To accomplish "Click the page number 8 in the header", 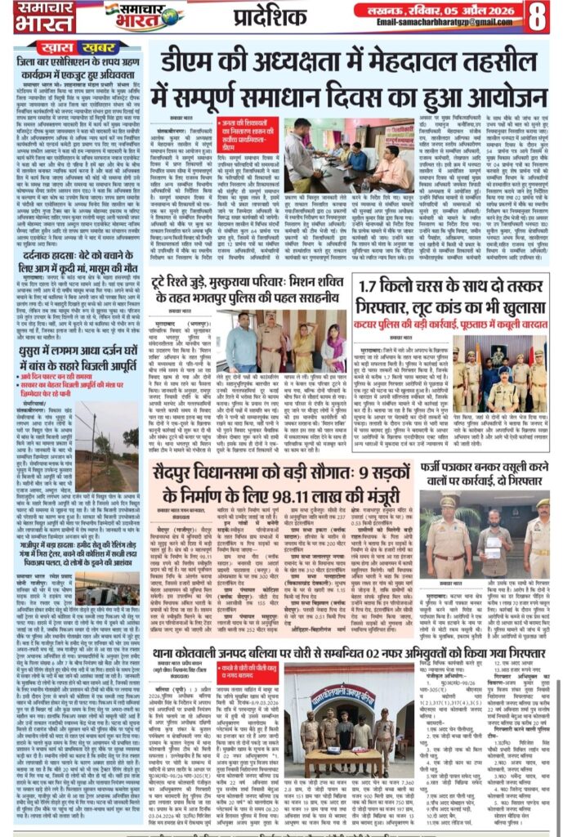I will [538, 16].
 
